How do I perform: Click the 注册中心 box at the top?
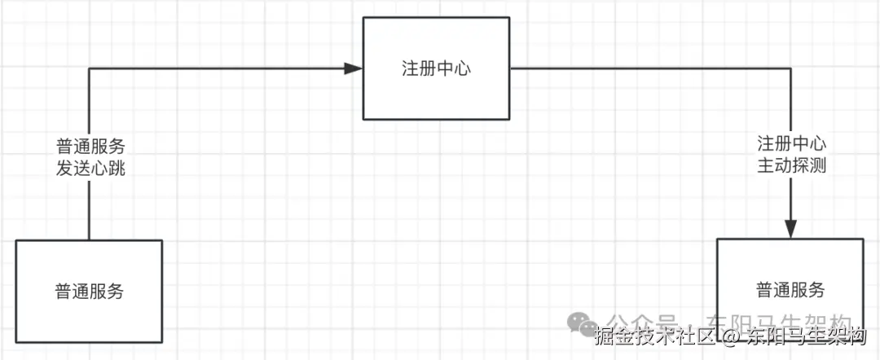(x=437, y=68)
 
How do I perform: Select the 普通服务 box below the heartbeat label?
(x=89, y=291)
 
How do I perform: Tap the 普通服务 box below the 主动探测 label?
(x=790, y=290)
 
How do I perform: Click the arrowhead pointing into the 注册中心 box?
(x=354, y=68)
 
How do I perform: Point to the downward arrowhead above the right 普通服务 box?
(x=790, y=229)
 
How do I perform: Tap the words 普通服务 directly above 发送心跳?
(x=90, y=147)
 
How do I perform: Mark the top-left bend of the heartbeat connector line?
(x=89, y=68)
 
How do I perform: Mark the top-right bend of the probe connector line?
(x=790, y=68)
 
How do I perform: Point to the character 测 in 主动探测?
(x=818, y=165)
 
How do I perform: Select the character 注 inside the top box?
(x=411, y=68)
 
